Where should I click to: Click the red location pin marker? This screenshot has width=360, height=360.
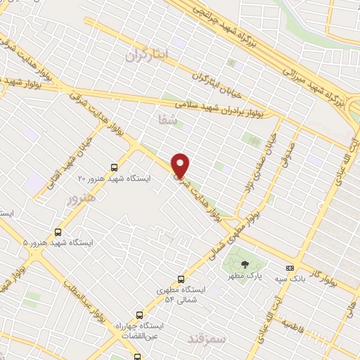(x=181, y=165)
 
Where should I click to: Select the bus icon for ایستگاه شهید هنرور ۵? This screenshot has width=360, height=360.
(x=58, y=231)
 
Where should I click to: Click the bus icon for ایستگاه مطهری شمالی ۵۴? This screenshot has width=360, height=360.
(x=181, y=278)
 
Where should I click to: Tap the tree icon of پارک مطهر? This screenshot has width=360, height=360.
(x=244, y=264)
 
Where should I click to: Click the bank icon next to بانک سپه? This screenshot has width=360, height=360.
(x=290, y=268)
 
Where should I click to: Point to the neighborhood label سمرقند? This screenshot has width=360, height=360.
(x=207, y=337)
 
